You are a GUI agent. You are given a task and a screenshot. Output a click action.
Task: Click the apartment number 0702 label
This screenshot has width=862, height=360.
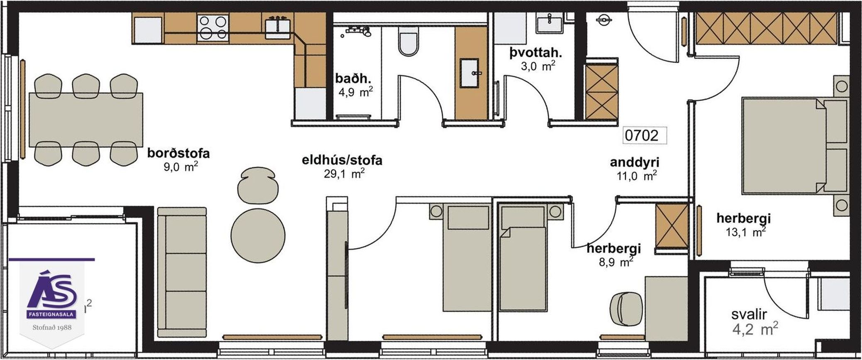pos(642,135)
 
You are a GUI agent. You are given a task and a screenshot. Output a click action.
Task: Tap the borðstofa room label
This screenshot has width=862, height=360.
pos(178,153)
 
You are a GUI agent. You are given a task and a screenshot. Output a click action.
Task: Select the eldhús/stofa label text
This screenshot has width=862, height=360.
pos(342,160)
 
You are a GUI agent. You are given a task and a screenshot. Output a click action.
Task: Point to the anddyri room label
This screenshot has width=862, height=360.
pos(635,162)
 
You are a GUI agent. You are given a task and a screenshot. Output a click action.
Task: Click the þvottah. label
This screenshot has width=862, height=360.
pos(536,53)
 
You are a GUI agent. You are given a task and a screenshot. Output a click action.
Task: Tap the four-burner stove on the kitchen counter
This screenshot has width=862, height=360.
pos(213,27)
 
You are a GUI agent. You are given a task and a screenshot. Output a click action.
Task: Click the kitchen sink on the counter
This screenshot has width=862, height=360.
pos(277,27)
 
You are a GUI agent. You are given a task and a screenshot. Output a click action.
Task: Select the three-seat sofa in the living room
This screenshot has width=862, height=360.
pos(182,272)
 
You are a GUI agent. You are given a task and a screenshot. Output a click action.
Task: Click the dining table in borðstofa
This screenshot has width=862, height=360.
pos(86,120)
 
